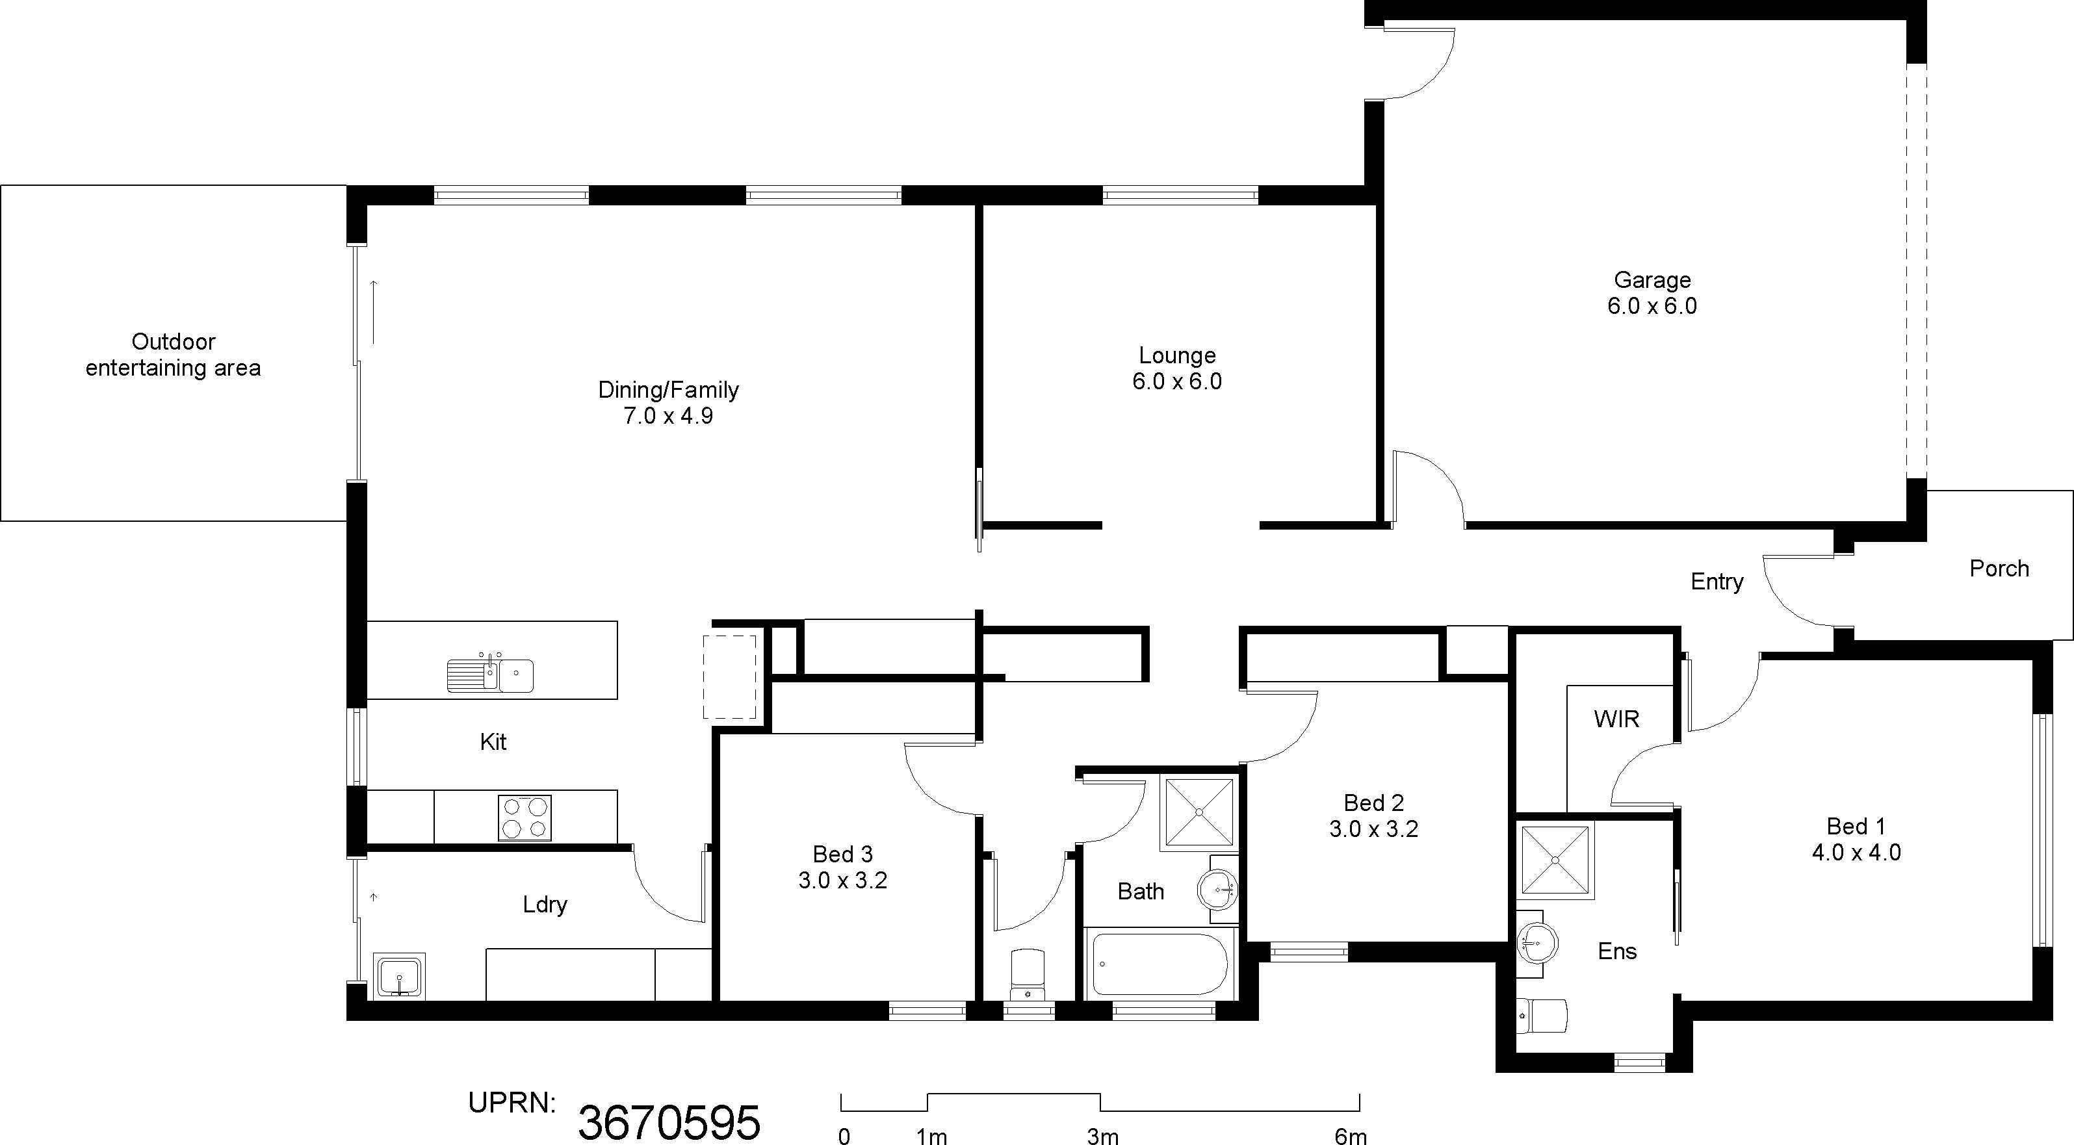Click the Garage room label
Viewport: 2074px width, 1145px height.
point(1652,280)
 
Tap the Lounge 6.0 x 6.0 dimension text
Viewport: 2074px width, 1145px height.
point(1177,381)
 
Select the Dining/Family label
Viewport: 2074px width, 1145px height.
point(668,391)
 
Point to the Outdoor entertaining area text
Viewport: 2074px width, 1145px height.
point(173,355)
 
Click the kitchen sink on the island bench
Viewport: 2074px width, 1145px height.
point(490,675)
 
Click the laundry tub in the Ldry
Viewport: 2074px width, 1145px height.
point(399,976)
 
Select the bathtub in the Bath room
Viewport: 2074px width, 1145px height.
point(1160,964)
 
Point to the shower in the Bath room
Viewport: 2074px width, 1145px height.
point(1199,812)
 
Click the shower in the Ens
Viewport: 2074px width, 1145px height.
point(1555,860)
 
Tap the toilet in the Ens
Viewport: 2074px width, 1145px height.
point(1542,1016)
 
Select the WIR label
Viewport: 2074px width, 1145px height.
point(1616,719)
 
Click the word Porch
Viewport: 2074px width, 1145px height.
point(1999,569)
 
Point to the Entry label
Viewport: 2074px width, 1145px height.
point(1717,582)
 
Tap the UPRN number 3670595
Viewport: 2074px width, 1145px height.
point(669,1122)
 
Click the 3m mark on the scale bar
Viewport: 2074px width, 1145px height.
point(1102,1136)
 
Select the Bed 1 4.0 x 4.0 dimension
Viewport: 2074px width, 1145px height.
point(1856,853)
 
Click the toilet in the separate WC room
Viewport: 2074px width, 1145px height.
point(1028,974)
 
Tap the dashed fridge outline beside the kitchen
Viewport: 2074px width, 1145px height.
point(729,676)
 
